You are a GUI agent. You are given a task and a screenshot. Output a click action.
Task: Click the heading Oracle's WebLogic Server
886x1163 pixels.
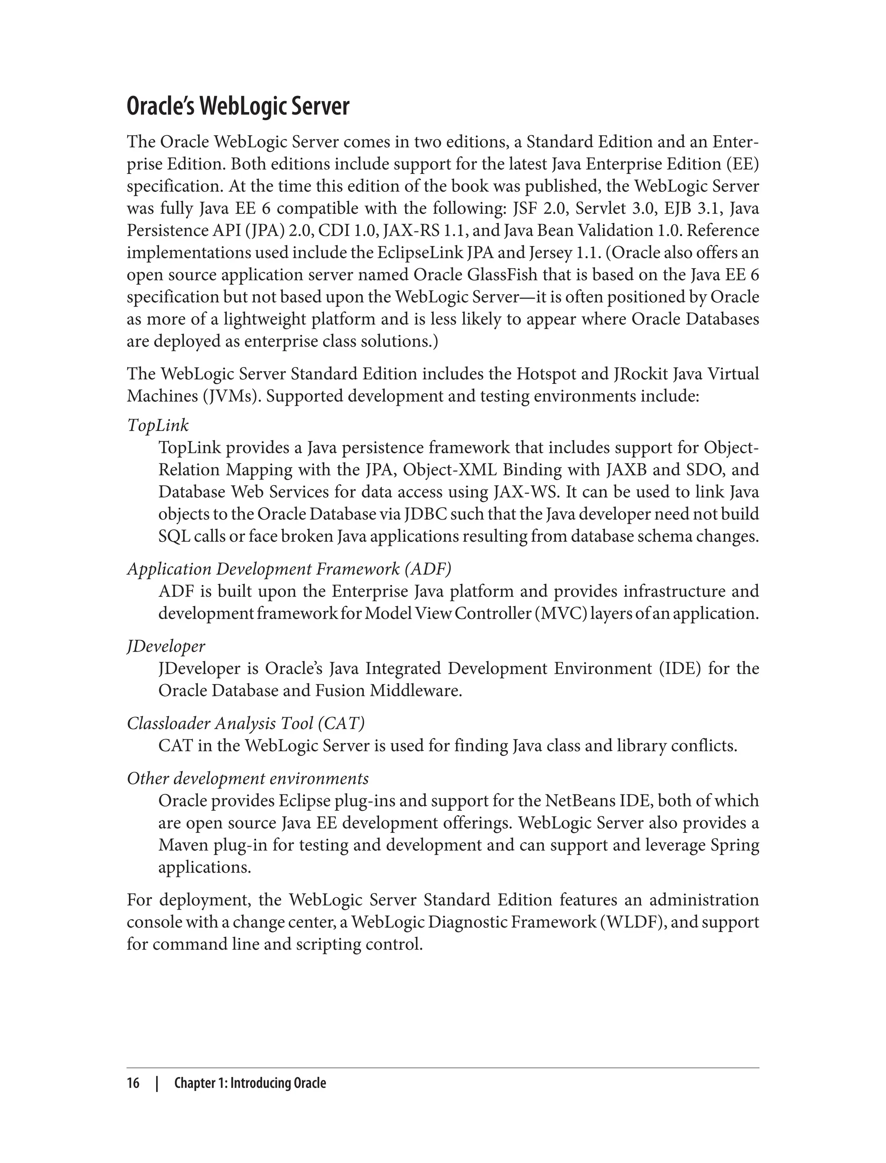(238, 106)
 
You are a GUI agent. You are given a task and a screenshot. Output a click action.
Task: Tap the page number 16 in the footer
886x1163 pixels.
(133, 1083)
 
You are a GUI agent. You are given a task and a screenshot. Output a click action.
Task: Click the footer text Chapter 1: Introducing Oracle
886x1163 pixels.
(250, 1083)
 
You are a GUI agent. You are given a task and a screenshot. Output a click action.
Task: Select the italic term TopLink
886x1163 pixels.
(157, 425)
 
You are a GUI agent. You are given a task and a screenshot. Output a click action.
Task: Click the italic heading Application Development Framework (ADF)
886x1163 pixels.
(289, 569)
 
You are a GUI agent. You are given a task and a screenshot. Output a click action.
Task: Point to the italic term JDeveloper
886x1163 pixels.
(166, 646)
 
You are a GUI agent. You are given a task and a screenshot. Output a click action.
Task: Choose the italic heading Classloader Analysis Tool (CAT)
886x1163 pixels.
(246, 723)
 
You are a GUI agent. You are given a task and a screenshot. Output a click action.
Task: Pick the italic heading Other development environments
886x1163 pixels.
(248, 778)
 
